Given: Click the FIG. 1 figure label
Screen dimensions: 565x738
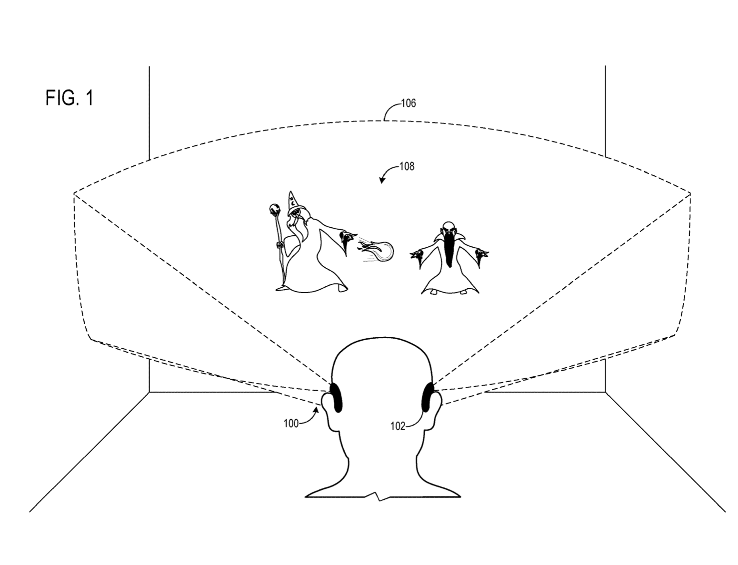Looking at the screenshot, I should (x=70, y=98).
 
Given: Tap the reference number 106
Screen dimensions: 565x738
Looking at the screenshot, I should (x=409, y=103).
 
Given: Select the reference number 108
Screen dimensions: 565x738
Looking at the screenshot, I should (x=407, y=166).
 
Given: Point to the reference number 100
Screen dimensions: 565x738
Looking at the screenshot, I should (x=291, y=423).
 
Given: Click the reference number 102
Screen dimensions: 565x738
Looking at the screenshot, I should (x=398, y=426).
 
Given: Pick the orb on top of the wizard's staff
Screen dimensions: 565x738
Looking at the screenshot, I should (x=274, y=209).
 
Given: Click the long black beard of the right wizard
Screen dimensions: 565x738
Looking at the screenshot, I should (x=449, y=250).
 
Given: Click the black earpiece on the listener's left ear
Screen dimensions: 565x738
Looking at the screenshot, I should (x=336, y=398).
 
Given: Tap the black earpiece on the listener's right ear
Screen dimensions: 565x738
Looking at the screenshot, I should (x=427, y=398).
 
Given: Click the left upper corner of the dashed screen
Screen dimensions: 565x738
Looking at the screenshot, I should (x=74, y=193).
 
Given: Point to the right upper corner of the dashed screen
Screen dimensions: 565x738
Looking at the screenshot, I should (x=689, y=192).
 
